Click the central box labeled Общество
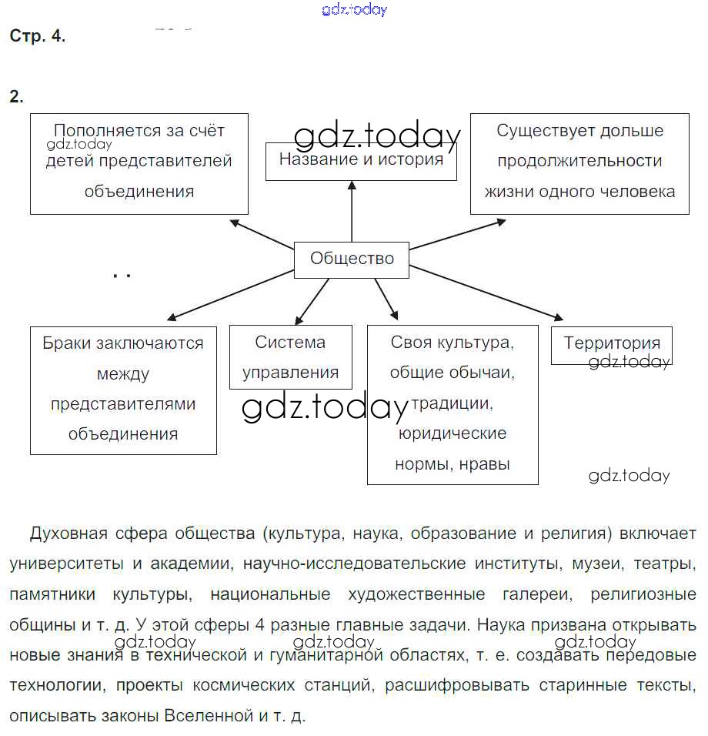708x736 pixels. point(352,259)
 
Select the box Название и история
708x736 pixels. point(361,161)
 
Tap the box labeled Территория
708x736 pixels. point(612,344)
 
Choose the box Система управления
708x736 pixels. point(290,356)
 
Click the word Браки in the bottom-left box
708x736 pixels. point(66,343)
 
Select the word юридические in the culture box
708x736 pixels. point(453,433)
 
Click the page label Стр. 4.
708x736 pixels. point(38,36)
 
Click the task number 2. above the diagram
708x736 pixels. point(16,97)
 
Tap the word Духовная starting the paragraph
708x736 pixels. point(68,534)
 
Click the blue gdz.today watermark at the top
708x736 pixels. point(354,10)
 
